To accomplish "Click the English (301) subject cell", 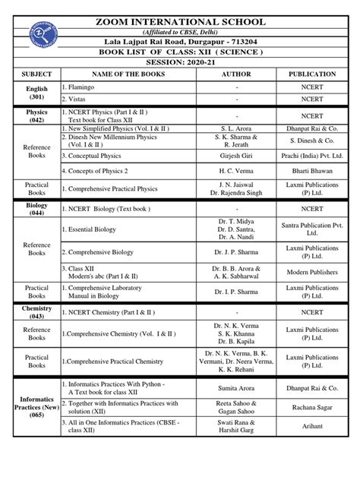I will (37, 93).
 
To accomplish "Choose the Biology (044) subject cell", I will (37, 210).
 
